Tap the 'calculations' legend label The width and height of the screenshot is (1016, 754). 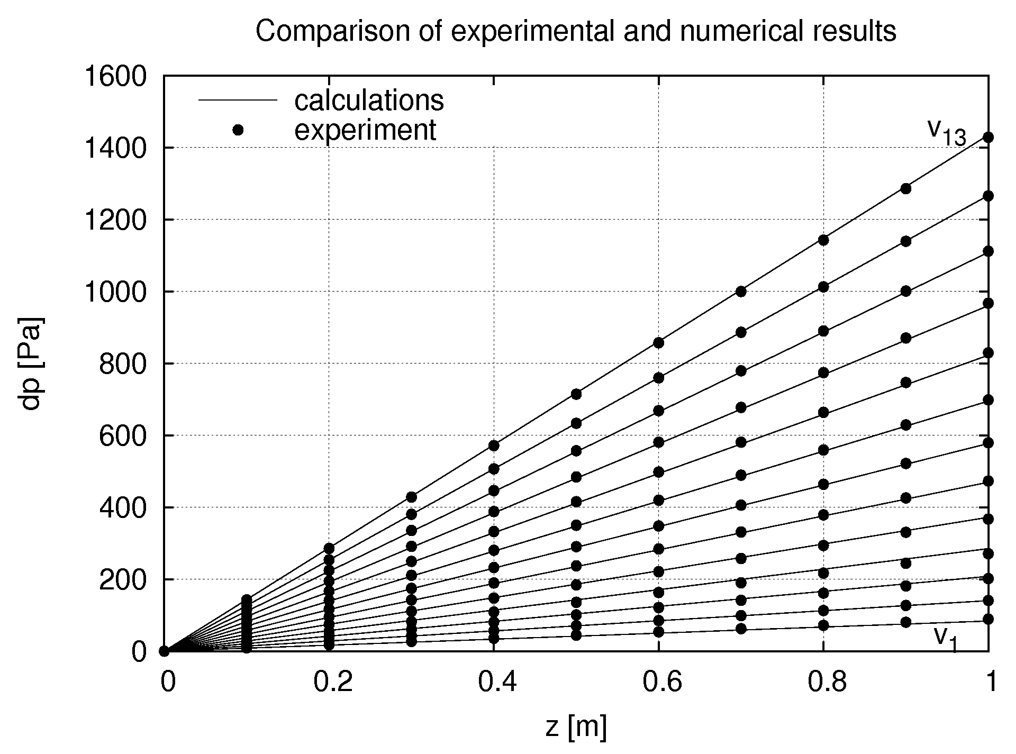pos(369,101)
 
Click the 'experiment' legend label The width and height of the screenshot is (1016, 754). pos(365,130)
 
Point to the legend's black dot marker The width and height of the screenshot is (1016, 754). pos(238,130)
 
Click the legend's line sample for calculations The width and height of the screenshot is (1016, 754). pos(238,100)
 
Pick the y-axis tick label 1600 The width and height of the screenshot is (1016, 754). pos(115,77)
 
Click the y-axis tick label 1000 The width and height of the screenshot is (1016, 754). pos(115,292)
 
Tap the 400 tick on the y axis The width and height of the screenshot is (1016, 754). pos(122,508)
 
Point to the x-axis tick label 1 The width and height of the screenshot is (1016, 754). pos(991,683)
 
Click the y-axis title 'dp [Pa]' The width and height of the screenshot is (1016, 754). pos(33,363)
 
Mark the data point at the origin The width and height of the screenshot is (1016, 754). pos(165,651)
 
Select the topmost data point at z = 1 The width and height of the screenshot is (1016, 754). pos(988,138)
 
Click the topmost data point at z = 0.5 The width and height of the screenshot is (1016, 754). pos(576,394)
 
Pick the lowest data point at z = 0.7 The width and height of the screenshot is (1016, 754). pos(741,629)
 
